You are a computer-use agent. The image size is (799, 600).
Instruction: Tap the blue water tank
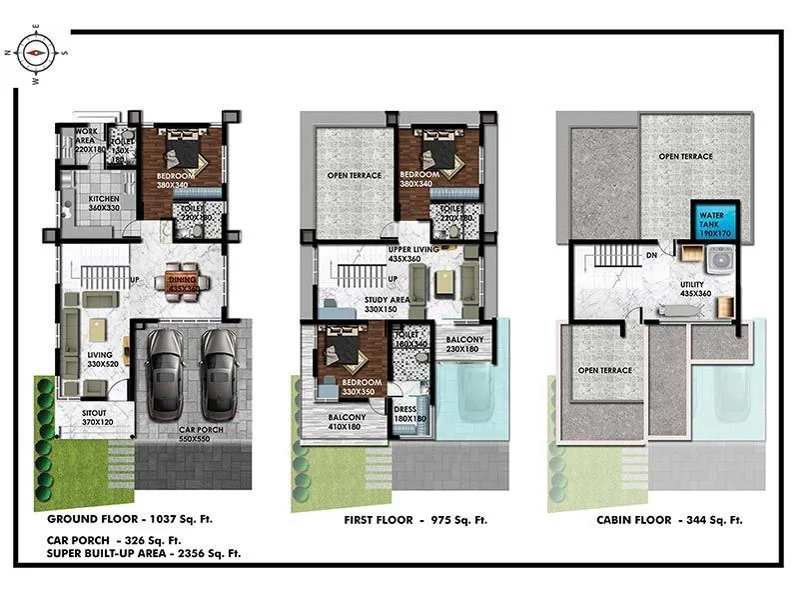(x=712, y=221)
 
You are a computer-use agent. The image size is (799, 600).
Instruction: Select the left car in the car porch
(x=165, y=372)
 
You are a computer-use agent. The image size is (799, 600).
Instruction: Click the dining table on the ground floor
(x=183, y=281)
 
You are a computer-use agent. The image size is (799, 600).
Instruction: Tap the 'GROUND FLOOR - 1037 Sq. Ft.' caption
(x=130, y=520)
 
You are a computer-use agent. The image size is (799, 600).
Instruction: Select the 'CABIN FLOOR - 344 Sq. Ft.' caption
(x=669, y=520)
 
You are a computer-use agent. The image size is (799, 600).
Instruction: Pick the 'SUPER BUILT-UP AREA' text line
(x=144, y=552)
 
